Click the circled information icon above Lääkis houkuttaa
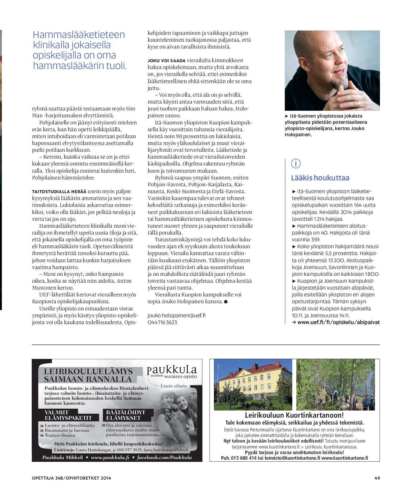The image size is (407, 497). [x=296, y=163]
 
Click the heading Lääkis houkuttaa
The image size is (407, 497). [x=320, y=178]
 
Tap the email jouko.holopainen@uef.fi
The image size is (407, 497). [x=176, y=315]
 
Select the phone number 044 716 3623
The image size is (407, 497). [x=162, y=322]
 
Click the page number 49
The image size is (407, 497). [x=377, y=478]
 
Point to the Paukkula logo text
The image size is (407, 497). [x=172, y=370]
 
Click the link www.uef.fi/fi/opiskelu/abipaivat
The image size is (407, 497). [x=338, y=322]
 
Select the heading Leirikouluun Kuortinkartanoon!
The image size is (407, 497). [x=294, y=415]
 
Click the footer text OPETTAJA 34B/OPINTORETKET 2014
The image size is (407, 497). [x=71, y=478]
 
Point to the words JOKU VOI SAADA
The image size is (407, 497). [x=166, y=61]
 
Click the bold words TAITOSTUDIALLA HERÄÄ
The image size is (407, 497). [x=59, y=192]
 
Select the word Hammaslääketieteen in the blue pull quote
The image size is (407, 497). [x=79, y=35]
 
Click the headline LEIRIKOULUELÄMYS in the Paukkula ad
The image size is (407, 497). [x=88, y=371]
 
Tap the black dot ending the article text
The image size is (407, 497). [x=225, y=302]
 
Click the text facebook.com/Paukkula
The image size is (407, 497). [x=164, y=458]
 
